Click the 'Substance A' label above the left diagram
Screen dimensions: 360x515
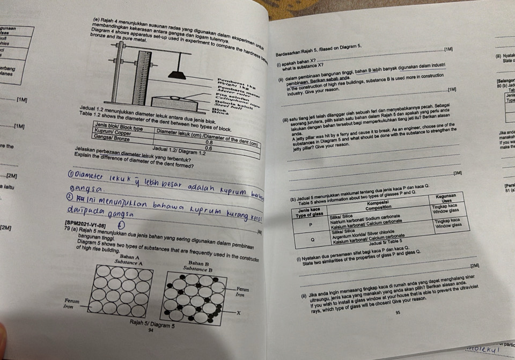click(x=128, y=263)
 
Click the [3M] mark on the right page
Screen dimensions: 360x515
click(x=458, y=173)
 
